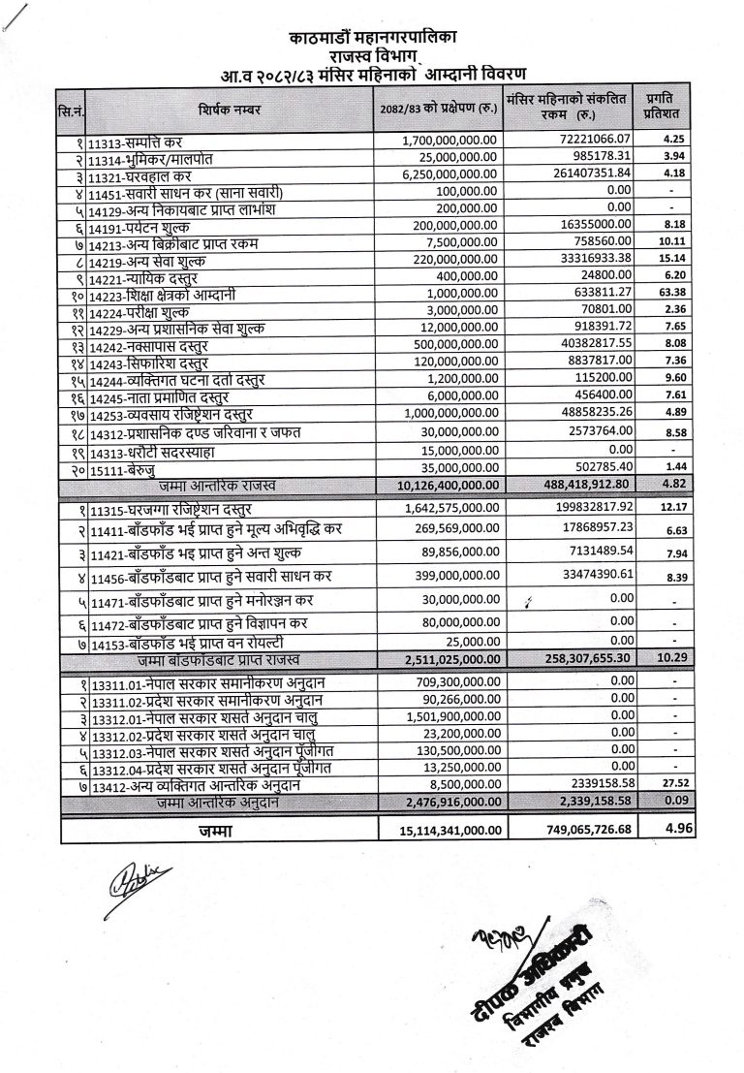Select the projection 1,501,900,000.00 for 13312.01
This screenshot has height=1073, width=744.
click(x=447, y=716)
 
